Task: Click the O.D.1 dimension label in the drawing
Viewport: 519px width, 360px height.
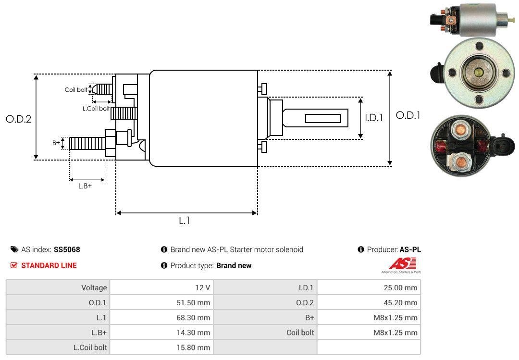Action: tap(408, 115)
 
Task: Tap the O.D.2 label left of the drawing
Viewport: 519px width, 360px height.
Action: tap(18, 119)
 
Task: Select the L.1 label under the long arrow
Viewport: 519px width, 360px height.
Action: tap(185, 221)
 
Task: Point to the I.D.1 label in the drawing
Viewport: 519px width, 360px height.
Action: tap(373, 117)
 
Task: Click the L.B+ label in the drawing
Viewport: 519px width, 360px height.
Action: tap(85, 186)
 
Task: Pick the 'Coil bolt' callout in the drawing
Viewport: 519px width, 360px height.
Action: tap(76, 90)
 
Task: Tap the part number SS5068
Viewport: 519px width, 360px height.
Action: tap(67, 249)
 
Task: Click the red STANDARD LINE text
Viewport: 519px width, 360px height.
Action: tap(49, 265)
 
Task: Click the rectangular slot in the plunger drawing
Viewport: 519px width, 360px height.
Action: tap(323, 118)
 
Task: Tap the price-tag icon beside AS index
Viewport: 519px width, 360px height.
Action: tap(14, 249)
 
